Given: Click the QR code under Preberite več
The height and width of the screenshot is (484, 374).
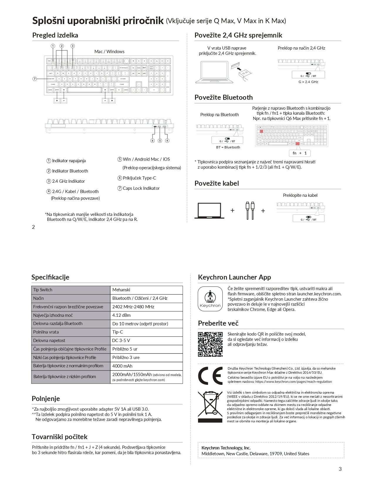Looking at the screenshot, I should coord(210,344).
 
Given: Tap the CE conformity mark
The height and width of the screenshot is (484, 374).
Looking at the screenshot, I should coord(210,375).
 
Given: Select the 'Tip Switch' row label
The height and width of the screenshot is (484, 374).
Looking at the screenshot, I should coord(43,290).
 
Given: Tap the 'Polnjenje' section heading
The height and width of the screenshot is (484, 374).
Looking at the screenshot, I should coord(46,399).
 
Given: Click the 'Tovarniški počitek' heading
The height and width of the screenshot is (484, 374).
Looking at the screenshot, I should coord(60,437).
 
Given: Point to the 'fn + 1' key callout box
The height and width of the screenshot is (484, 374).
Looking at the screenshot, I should coord(299,153).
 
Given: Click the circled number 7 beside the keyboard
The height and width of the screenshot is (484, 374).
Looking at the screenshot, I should coord(35,79).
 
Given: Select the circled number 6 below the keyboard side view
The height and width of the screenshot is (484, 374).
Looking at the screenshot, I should coord(153,141).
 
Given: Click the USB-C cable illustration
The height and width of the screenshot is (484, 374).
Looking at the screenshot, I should coord(250,210).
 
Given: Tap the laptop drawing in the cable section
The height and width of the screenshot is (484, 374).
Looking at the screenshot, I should coord(209,211).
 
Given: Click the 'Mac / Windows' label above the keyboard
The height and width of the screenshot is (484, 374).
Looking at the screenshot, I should coord(109,52).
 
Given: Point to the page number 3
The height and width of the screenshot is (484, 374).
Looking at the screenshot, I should coord(340,469).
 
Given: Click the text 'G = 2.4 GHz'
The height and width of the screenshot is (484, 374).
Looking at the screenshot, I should coord(308,82).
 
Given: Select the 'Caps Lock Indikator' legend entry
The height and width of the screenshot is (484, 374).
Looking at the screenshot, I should coord(141,188).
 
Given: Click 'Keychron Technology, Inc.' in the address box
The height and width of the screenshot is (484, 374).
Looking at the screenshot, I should coord(226,448).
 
